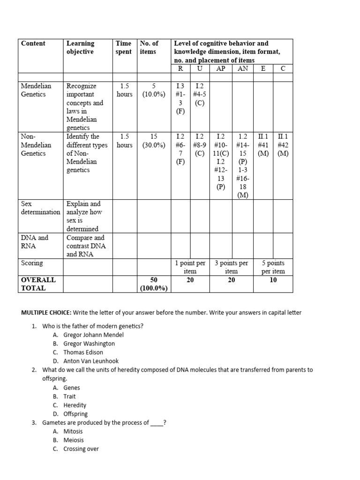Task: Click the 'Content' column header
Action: (33, 44)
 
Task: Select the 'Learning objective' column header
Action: (80, 47)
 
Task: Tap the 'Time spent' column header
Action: (124, 47)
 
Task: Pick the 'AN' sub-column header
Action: (243, 68)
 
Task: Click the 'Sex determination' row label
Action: (41, 208)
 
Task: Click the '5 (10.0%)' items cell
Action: (154, 90)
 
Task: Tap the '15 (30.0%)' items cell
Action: (154, 141)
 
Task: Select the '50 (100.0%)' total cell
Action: (154, 284)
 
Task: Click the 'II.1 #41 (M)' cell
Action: (263, 145)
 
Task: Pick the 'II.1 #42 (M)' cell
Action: (283, 145)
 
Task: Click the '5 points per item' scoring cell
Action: (273, 267)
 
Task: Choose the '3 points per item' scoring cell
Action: (231, 267)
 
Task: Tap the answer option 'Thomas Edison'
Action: (83, 352)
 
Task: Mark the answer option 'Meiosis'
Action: (74, 440)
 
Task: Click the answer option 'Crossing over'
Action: (81, 449)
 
